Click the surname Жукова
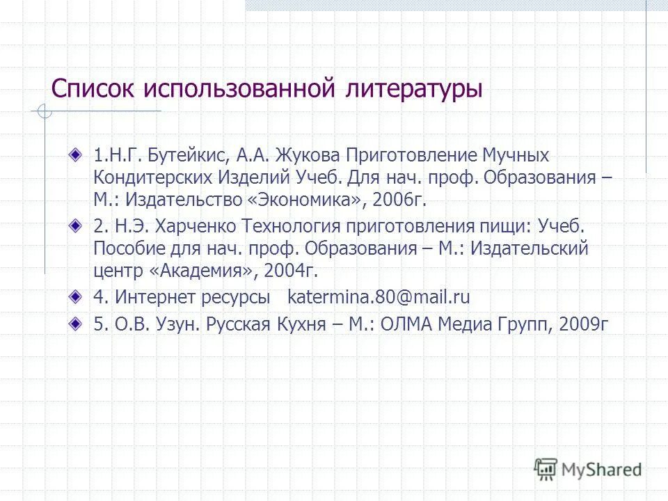coord(310,154)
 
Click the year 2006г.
coord(397,200)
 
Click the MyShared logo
coord(588,469)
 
